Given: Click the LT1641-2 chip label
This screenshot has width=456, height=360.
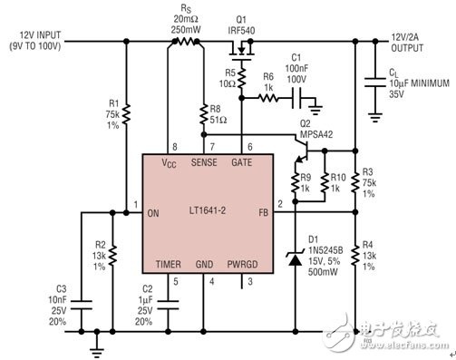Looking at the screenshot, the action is point(208,210).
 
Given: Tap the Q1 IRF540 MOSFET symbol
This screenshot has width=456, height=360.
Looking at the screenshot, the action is point(241,51).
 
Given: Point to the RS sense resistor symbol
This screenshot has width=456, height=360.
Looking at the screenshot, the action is point(186,42).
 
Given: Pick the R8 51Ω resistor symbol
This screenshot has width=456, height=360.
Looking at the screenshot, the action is point(204,114).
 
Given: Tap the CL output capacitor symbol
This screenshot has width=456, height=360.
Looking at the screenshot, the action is point(375,82).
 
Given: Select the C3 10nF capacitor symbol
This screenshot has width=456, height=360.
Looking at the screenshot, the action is point(81,305).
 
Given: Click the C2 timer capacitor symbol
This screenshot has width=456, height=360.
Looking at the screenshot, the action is point(168,305).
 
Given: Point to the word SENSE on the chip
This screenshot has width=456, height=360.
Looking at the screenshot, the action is point(204,162).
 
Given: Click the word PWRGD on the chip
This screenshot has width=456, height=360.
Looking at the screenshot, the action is point(242,265).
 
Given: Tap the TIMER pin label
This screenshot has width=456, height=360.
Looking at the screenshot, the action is point(169,265).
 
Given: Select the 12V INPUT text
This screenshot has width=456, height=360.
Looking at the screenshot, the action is point(40,35).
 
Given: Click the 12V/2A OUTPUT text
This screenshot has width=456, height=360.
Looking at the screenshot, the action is point(407,43).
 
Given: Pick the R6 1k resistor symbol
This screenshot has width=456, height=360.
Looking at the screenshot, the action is point(268,98).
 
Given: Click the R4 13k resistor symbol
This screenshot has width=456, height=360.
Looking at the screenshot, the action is point(355,256).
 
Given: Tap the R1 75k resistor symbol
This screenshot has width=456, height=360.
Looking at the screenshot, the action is point(127,114).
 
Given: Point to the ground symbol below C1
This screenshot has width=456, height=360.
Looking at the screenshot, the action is point(316,110).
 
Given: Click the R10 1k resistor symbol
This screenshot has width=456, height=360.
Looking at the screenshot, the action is point(325,183).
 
